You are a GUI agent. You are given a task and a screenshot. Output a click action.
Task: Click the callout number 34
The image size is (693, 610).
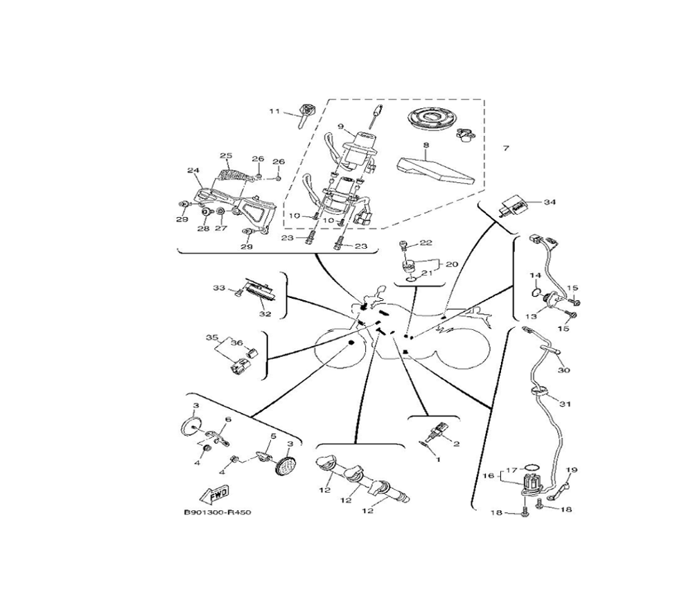pos(550,202)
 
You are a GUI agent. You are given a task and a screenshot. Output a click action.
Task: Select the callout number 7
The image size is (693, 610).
pos(505,149)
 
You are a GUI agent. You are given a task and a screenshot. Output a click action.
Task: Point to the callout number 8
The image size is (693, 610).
pos(426,145)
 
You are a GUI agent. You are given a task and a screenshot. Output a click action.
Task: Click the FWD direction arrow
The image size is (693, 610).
pos(213,496)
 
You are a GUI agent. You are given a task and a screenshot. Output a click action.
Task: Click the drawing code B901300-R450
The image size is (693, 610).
pos(217,514)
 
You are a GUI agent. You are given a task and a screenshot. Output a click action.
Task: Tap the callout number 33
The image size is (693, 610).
pos(219,287)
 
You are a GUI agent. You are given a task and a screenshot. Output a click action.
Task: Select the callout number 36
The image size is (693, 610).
pos(236,343)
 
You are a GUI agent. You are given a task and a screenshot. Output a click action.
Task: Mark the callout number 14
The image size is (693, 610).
pos(535,276)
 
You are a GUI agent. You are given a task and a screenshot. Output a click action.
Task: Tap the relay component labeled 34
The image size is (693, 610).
pos(511,206)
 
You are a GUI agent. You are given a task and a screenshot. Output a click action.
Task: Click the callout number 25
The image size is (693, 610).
pos(226,155)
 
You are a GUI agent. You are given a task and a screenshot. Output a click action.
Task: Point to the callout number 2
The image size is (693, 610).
pos(457,443)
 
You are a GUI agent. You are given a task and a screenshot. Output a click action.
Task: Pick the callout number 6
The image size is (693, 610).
pos(228,420)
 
